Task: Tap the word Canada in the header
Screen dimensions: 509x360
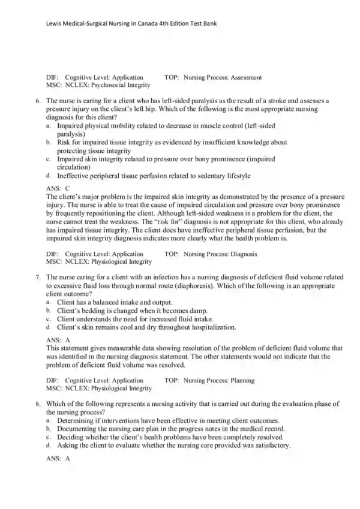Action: (152, 23)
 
